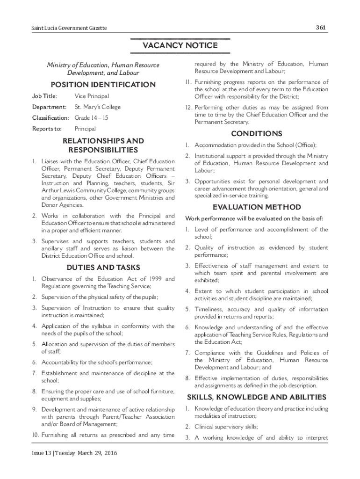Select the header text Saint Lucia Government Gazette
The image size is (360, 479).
66,29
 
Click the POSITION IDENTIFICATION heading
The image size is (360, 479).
103,85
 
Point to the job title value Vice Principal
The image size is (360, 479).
92,96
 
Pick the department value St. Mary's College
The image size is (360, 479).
97,107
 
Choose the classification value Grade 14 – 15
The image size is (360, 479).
92,118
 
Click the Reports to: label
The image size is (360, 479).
47,129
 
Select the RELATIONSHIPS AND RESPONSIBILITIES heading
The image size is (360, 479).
103,145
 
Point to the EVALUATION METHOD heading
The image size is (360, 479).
257,207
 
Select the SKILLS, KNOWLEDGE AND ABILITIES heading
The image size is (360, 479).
257,397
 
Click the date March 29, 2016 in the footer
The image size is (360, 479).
101,454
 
